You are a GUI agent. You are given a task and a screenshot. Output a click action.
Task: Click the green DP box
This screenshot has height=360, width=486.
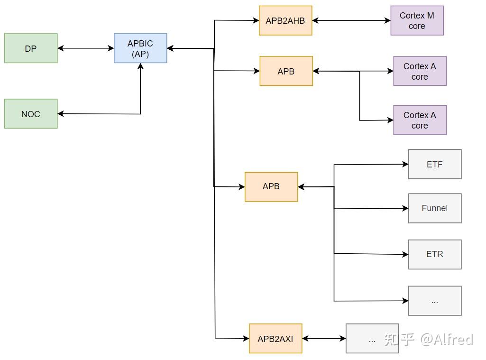pos(31,48)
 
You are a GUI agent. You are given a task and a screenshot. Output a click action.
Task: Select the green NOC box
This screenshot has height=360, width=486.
pos(31,114)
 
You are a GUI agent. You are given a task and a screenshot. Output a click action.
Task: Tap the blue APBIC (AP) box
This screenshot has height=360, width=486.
pos(140,48)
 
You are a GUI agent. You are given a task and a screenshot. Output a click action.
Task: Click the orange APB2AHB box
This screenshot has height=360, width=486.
pos(285,20)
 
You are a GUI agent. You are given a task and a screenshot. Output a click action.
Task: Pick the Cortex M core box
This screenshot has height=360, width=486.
pos(417,20)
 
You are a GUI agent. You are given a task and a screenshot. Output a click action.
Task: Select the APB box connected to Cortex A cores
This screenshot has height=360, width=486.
pos(286,71)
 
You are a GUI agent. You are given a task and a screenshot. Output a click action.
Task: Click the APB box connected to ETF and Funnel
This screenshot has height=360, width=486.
pos(271,187)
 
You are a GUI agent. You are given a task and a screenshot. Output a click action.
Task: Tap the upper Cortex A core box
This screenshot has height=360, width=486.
pos(420,71)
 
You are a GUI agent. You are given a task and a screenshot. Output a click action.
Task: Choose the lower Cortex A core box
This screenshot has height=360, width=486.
pos(420,120)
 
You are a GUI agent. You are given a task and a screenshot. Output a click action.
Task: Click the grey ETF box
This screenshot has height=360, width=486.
pos(435,165)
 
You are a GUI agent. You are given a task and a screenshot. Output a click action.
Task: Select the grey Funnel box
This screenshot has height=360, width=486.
pos(435,208)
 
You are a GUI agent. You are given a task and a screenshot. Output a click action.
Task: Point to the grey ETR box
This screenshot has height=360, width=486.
pos(435,254)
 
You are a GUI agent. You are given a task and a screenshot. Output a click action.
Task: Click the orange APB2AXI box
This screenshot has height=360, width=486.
pos(275,339)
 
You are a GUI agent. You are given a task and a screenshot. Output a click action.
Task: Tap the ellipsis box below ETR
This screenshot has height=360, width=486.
pos(435,301)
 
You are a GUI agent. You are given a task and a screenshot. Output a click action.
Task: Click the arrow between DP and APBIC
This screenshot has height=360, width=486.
pos(86,48)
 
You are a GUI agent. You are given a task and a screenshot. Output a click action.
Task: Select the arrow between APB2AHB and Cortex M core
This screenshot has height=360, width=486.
pos(351,20)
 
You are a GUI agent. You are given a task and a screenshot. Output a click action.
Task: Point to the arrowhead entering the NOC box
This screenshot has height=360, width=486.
pos(61,114)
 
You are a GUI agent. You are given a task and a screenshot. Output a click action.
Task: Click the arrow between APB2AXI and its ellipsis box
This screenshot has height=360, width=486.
pos(324,339)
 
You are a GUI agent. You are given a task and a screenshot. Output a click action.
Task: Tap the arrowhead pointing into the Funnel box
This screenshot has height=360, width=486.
pos(405,208)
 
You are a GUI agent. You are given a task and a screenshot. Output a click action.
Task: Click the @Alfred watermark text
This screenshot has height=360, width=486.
pos(446,339)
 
